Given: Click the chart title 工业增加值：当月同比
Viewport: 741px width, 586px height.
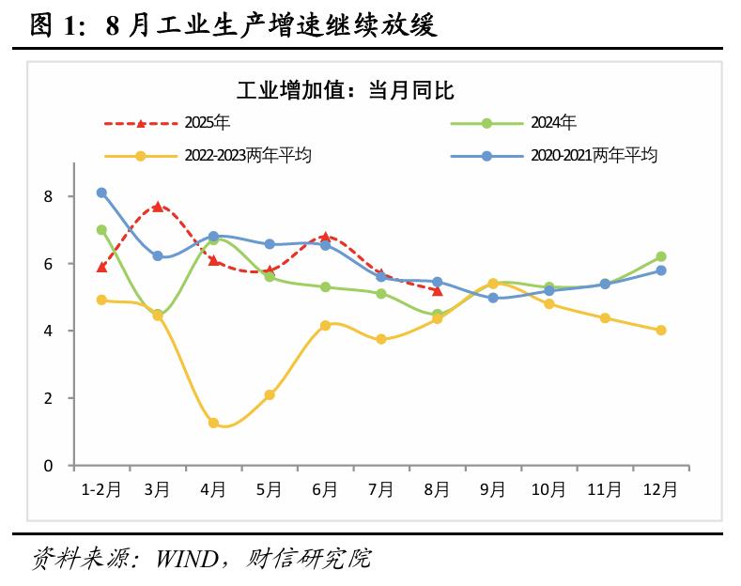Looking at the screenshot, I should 345,91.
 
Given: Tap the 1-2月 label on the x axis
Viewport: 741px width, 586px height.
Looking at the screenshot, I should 101,489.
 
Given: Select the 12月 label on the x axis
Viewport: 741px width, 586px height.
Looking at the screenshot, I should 660,489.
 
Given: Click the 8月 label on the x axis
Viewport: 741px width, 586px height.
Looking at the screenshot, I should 437,489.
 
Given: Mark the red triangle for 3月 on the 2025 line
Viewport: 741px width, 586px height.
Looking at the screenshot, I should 158,207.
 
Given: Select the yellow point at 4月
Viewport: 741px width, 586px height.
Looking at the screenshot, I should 213,424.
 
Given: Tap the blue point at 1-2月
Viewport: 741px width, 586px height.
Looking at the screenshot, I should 101,193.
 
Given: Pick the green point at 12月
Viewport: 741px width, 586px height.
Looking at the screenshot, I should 661,256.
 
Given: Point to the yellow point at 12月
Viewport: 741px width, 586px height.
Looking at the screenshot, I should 661,331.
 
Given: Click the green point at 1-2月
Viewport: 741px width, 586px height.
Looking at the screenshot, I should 101,230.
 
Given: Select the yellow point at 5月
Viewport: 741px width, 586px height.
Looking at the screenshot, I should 270,395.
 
